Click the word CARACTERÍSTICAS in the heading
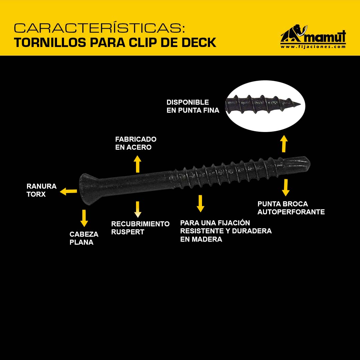tap(99, 28)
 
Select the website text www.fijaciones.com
tap(313, 47)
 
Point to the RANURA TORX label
tap(41, 190)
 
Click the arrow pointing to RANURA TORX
tap(68, 191)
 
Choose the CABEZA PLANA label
tap(84, 238)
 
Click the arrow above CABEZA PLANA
tap(84, 218)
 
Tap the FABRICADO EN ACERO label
tap(136, 143)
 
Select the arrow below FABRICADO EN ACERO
tap(138, 164)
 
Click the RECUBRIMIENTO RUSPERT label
tap(140, 228)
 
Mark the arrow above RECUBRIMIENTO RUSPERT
tap(138, 209)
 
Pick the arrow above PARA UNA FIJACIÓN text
tap(200, 203)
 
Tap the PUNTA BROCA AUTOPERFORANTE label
tap(291, 208)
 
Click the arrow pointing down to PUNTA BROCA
tap(286, 188)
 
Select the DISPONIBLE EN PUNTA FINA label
tap(193, 106)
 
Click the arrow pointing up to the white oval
tap(284, 144)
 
